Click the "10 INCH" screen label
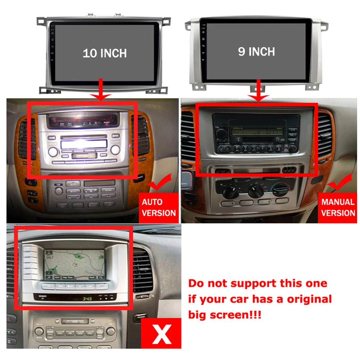pos(105,53)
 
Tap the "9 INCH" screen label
pos(256,51)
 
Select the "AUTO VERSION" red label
pos(159,207)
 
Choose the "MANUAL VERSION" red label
pos(338,207)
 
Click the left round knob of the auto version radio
pos(53,151)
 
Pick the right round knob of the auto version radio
pos(115,149)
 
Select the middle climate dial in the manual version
pos(256,190)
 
